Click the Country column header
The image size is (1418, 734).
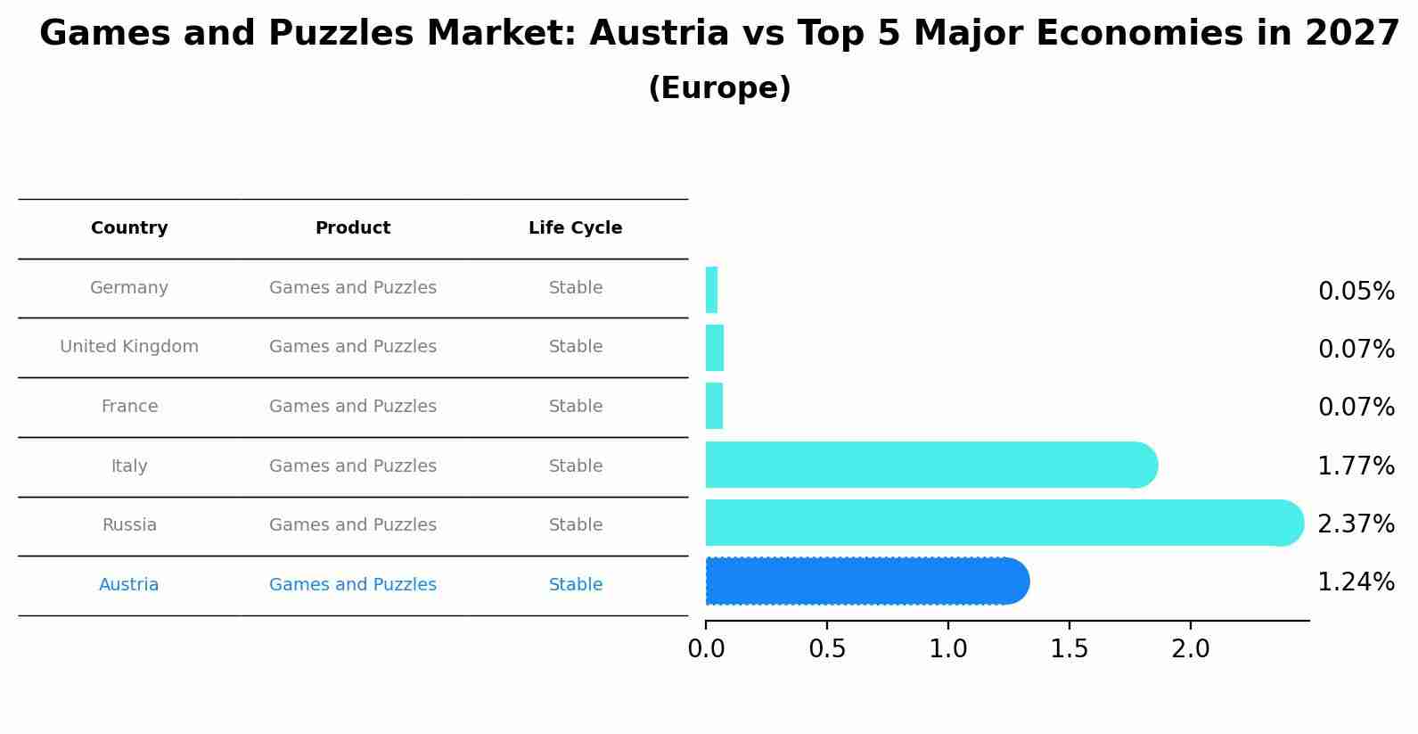pos(129,228)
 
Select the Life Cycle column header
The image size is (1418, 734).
pos(575,228)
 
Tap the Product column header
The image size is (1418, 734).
pos(353,228)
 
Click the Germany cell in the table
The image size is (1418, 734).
pos(129,288)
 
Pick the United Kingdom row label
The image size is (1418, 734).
pos(129,347)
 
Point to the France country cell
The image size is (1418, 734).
pos(129,407)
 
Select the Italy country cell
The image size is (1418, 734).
pos(129,466)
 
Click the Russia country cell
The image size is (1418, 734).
pos(129,525)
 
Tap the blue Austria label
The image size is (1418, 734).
pos(129,585)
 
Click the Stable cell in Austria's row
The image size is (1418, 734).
pos(575,585)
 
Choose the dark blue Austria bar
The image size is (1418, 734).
pos(865,581)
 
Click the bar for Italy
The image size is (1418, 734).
pos(927,465)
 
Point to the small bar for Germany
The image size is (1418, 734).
pos(711,290)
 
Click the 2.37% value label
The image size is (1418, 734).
pos(1356,524)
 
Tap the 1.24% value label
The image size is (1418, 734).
pos(1356,582)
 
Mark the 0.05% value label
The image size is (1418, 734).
pos(1356,292)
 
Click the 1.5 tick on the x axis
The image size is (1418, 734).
pos(1069,649)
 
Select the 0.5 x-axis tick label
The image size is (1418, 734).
pos(827,649)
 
